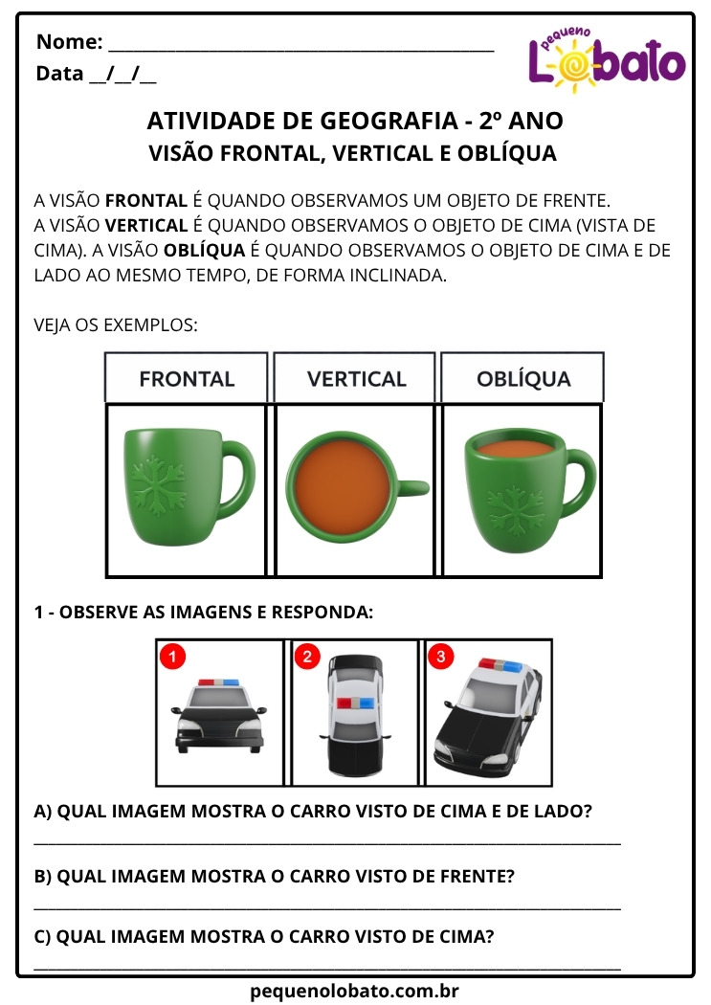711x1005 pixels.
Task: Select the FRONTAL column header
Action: pos(187,378)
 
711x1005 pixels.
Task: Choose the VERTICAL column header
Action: pos(356,378)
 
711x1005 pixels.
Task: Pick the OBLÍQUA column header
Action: pos(523,378)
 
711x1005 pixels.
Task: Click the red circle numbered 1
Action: pos(170,657)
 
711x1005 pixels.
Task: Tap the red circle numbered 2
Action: pos(307,657)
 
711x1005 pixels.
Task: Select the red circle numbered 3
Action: pos(440,657)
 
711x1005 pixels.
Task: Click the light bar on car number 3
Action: pos(500,664)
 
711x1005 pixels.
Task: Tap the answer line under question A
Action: pos(327,840)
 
